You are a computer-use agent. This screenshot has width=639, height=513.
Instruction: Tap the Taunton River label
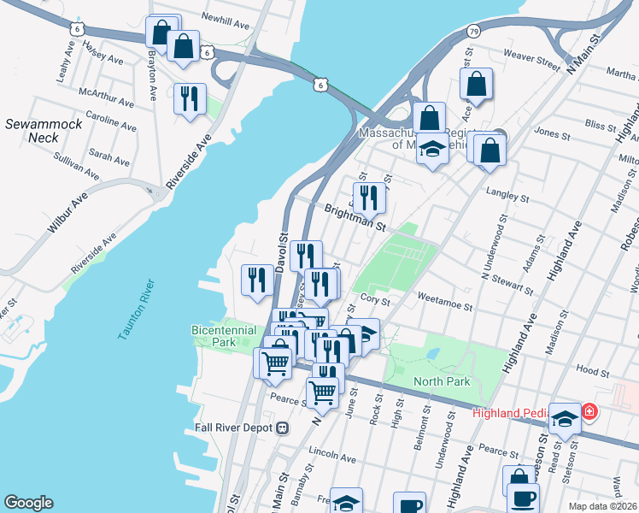point(136,310)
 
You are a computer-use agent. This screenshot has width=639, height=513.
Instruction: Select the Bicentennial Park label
point(224,335)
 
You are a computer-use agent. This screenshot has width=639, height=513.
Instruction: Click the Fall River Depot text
point(234,427)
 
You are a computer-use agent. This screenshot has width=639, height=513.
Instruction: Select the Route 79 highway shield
point(473,32)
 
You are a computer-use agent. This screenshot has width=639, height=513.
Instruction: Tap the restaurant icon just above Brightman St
point(369,197)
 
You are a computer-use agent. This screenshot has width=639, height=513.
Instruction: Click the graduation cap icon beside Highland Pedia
point(564,418)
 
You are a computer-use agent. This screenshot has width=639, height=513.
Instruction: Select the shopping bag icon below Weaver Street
point(477,85)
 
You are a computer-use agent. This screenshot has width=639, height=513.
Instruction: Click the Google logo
point(28,502)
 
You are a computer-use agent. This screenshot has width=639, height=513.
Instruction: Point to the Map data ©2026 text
point(602,506)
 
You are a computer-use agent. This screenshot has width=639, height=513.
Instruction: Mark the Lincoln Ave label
point(325,451)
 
